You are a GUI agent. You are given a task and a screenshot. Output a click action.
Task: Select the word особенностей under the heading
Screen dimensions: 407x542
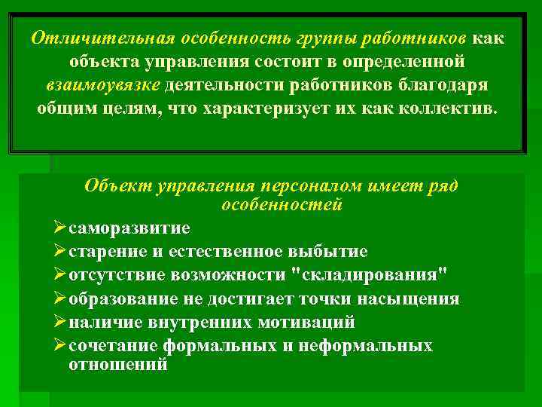click(282, 204)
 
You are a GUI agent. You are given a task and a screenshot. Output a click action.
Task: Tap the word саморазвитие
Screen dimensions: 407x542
click(129, 228)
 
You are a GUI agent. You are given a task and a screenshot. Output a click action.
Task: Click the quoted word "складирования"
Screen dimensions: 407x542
click(373, 274)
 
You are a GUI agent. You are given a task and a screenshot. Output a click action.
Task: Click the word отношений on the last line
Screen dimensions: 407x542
click(117, 363)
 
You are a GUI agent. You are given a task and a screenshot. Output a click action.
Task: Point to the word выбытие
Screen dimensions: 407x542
click(330, 251)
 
